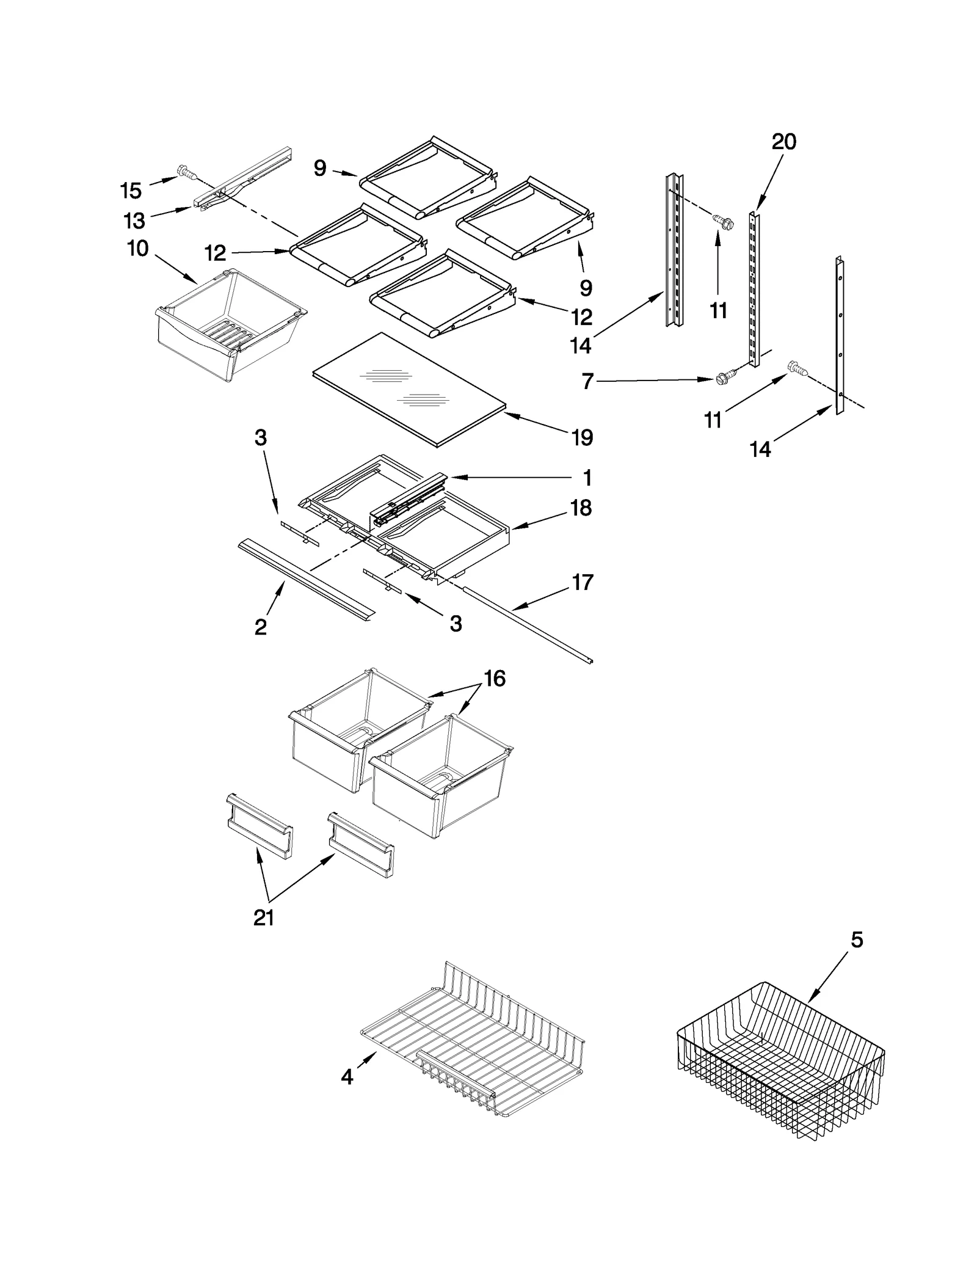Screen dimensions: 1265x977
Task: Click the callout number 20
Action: (783, 142)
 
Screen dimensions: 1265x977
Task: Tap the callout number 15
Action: (131, 191)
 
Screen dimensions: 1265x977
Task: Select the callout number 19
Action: (582, 437)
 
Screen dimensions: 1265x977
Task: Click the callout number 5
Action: (857, 940)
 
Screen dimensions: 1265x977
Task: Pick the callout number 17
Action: (582, 582)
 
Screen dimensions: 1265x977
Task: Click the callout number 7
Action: (587, 382)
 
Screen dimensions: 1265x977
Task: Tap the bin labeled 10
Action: (229, 324)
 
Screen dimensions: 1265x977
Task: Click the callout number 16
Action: (495, 678)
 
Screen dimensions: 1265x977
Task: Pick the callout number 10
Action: (138, 249)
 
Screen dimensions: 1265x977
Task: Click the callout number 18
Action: (581, 508)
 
